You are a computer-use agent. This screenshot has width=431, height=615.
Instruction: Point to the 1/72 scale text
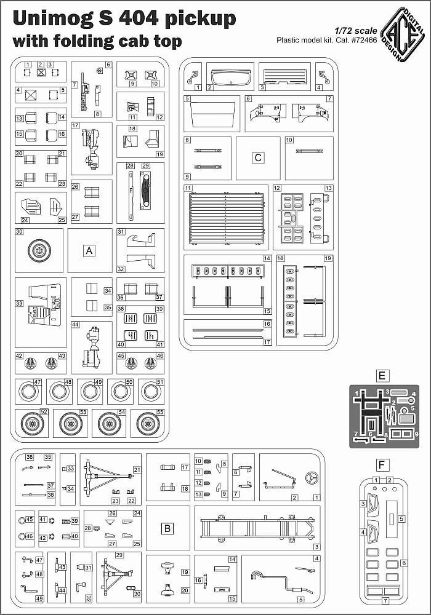coord(356,31)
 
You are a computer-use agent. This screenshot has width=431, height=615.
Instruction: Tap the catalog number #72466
coord(363,40)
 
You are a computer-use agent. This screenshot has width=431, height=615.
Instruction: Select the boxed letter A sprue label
coord(89,251)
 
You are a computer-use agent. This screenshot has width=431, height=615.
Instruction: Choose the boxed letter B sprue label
coord(167,528)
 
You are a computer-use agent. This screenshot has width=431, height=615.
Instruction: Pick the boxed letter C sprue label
coord(258,157)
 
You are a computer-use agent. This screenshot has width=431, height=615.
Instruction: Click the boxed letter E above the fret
coord(382,376)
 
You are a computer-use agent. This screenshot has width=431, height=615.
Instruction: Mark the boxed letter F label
coord(382,465)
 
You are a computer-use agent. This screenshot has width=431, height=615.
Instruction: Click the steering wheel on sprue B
coord(312,477)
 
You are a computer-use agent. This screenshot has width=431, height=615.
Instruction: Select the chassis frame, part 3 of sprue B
coord(257,528)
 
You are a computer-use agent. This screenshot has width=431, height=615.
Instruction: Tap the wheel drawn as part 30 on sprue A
coord(39,250)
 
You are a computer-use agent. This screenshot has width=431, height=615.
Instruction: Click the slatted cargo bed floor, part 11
coord(226,218)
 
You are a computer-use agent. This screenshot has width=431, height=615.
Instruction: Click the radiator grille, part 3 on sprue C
coord(284,76)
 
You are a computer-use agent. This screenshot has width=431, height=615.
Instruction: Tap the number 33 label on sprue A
coord(19,303)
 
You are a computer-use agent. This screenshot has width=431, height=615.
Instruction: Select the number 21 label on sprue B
coord(137,469)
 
